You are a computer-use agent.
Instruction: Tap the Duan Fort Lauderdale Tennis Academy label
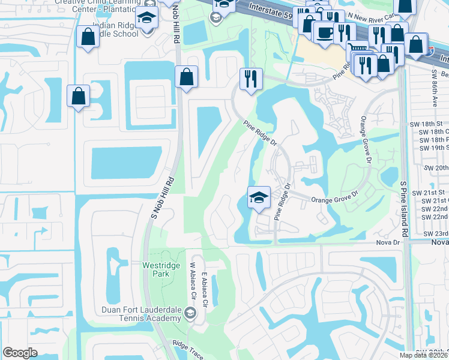click(142, 314)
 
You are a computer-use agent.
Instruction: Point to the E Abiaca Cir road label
click(205, 290)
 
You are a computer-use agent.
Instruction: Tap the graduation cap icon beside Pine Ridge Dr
click(259, 197)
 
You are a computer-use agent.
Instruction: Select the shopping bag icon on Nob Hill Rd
click(186, 77)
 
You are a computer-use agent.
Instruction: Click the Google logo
click(20, 353)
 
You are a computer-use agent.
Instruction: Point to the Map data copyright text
click(424, 355)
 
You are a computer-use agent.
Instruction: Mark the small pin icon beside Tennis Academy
click(190, 313)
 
